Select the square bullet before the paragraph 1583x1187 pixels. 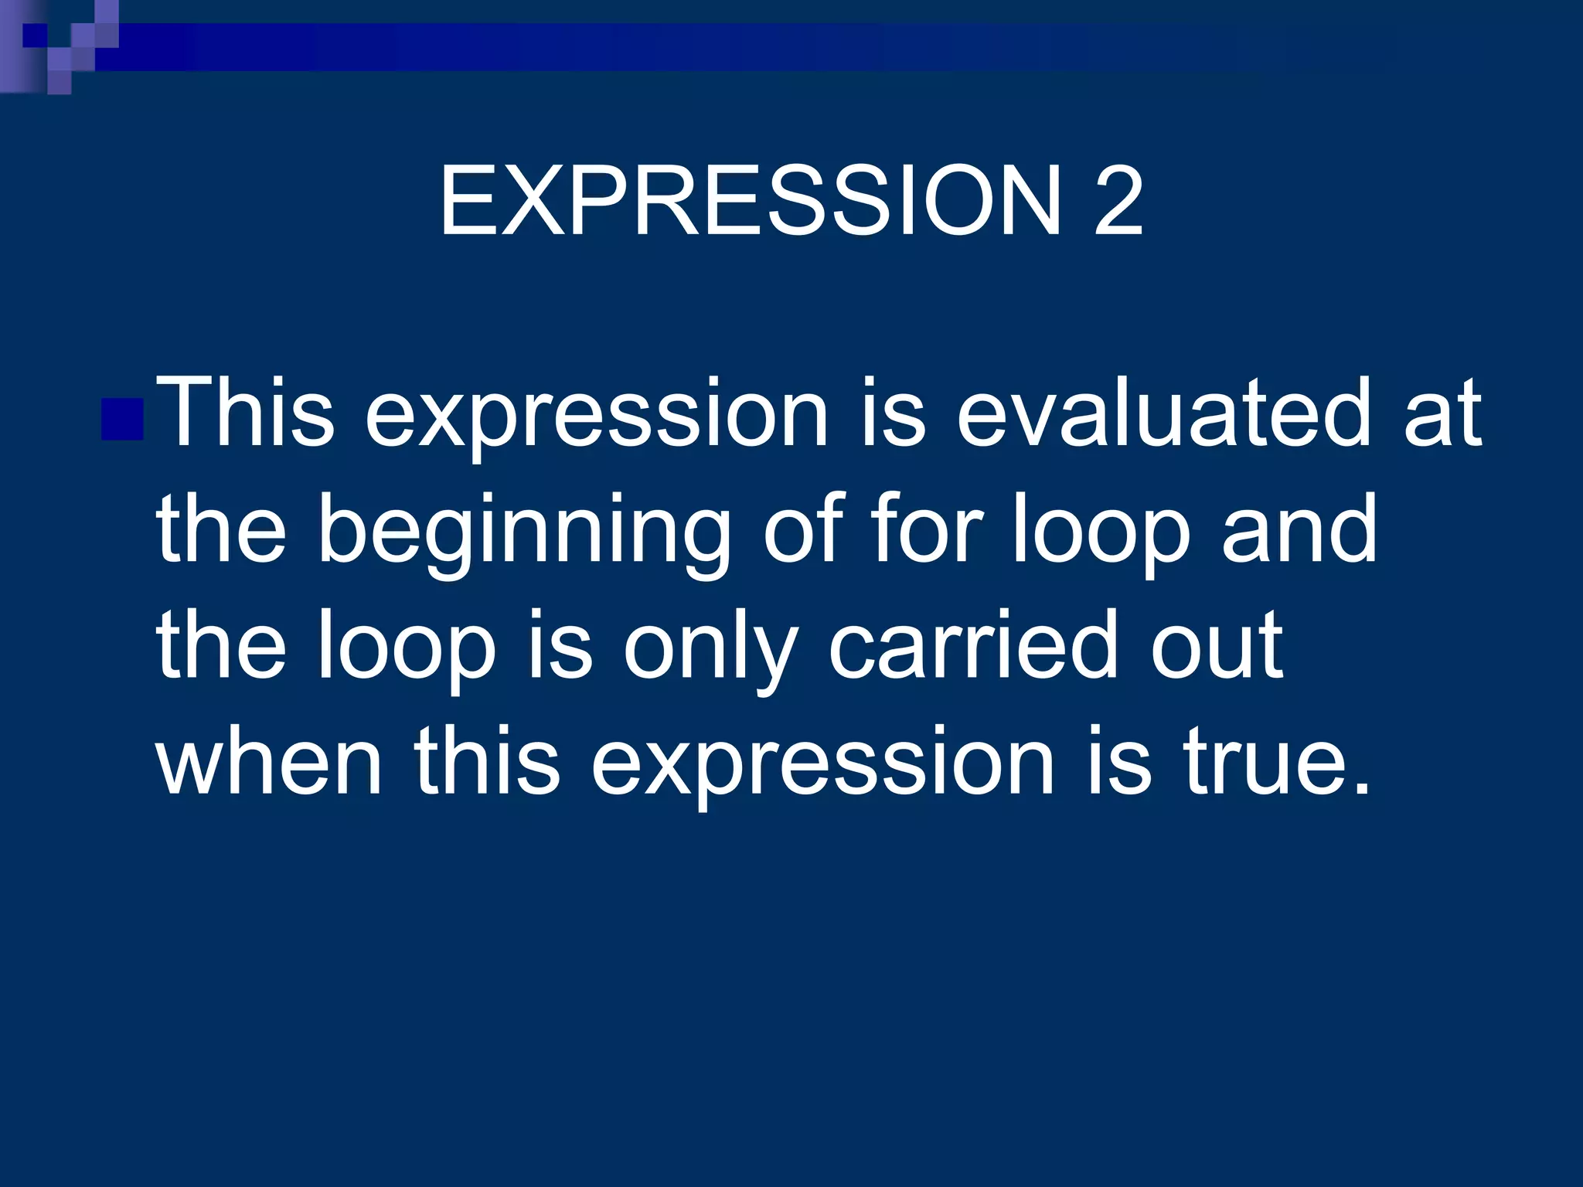click(122, 419)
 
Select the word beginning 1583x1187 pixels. click(524, 533)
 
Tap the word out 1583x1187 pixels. click(1217, 646)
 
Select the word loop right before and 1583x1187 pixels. click(1101, 533)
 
